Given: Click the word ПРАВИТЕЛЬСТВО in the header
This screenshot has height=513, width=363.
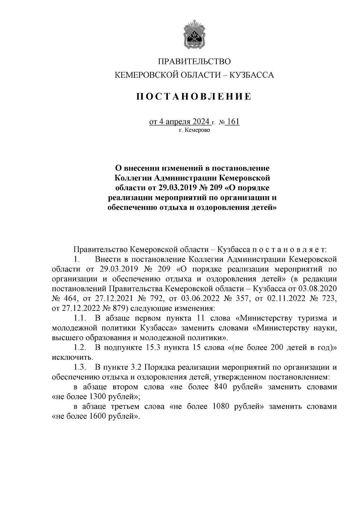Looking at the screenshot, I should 194,62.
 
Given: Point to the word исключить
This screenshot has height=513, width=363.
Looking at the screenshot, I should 72,358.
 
